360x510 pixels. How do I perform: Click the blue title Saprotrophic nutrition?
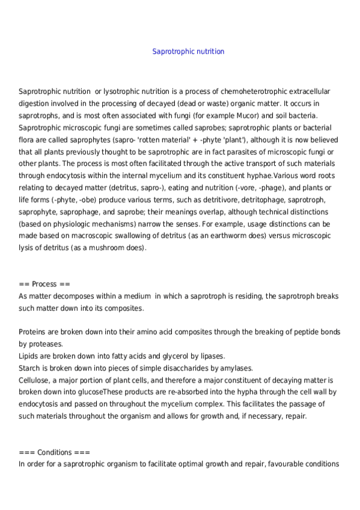tap(189, 52)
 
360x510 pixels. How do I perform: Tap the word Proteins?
tap(33, 332)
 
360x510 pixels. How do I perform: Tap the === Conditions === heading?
tap(54, 452)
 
